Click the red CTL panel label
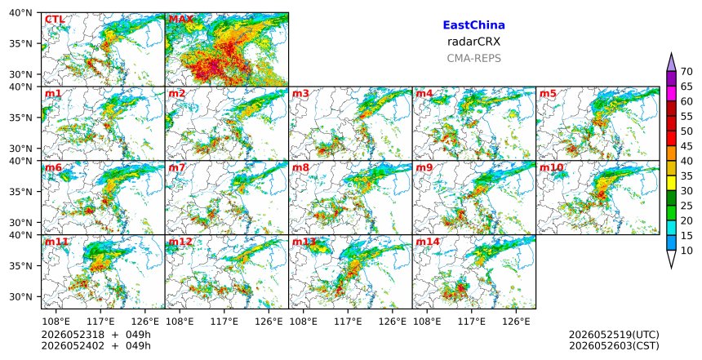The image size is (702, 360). (x=55, y=20)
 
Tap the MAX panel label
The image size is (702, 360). (x=181, y=20)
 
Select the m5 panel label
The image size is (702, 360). (x=548, y=94)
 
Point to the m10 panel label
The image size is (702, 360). (x=551, y=167)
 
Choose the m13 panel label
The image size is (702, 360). (x=304, y=242)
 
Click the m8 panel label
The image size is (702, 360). (x=300, y=167)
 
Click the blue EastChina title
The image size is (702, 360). (x=473, y=25)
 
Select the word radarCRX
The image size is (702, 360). (x=473, y=42)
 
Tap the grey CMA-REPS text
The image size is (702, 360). (x=473, y=58)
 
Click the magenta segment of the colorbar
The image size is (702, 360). (x=671, y=94)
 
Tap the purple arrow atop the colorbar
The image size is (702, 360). (x=671, y=63)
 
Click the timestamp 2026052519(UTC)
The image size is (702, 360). (x=614, y=335)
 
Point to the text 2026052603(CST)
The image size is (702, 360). (x=614, y=345)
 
